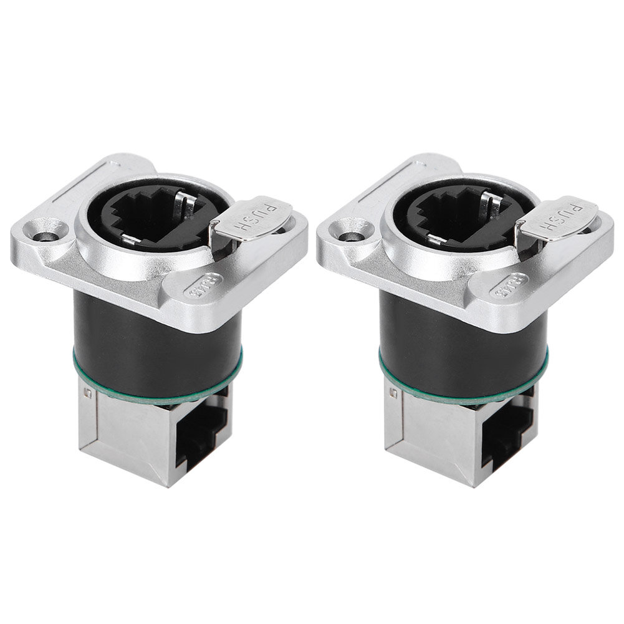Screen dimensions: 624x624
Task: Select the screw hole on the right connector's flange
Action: click(x=351, y=238)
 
